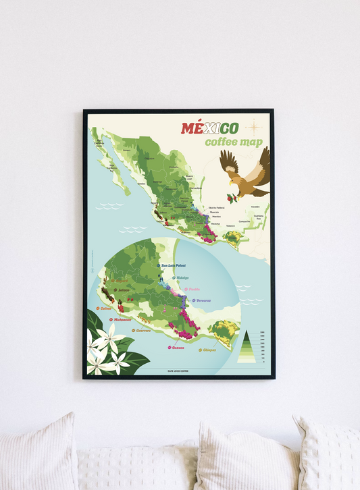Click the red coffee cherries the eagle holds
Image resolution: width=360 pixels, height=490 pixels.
[230, 198]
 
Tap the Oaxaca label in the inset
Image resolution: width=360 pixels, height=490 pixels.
[177, 348]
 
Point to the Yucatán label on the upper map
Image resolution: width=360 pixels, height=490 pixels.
[255, 206]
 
